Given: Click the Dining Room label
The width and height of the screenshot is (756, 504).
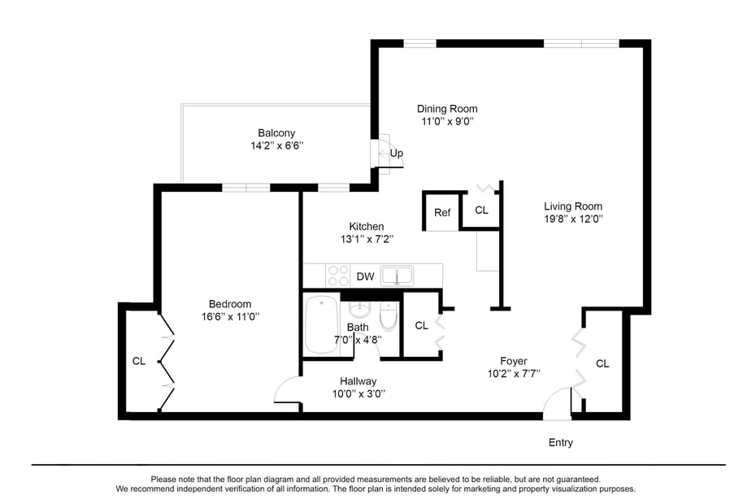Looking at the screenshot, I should [x=447, y=109].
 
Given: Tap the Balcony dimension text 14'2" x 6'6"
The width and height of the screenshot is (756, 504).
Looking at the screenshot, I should [x=276, y=146].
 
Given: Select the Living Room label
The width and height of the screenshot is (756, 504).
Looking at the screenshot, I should [x=573, y=206].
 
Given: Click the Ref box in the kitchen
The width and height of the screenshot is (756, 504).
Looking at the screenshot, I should [x=442, y=212].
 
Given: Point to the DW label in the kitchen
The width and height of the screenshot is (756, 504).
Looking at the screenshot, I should [x=366, y=276].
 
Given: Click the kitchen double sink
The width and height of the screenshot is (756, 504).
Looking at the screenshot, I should [x=398, y=276].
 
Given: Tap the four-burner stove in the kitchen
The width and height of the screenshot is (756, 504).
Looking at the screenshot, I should [x=338, y=276].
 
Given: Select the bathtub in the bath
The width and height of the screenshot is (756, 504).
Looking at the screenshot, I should [x=322, y=324].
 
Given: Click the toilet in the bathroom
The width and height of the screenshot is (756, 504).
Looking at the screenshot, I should [x=388, y=316].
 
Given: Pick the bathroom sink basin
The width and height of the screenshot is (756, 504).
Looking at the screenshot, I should [x=359, y=311].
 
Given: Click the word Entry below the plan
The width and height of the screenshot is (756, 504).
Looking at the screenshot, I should [x=560, y=442].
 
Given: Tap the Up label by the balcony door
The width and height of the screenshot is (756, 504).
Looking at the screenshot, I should [x=397, y=153].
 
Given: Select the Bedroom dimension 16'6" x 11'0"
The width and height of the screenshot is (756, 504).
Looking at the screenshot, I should [x=230, y=316].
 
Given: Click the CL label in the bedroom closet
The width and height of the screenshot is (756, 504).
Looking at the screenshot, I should [x=139, y=361].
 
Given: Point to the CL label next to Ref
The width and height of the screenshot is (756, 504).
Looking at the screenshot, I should [x=481, y=210].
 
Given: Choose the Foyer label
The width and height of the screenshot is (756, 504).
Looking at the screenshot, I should [x=514, y=361].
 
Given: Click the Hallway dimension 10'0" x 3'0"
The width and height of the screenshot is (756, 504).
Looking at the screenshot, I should [x=358, y=393].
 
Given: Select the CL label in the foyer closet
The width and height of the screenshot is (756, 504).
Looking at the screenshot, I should [x=602, y=363].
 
